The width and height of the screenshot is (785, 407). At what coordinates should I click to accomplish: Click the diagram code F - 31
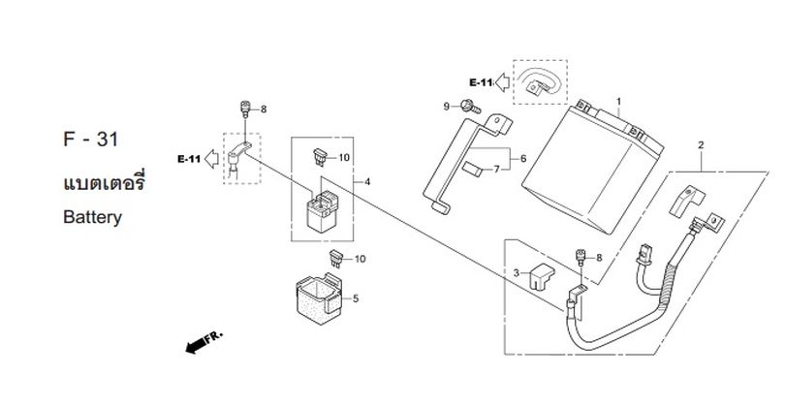[91, 140]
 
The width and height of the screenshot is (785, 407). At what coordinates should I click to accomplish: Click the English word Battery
[93, 217]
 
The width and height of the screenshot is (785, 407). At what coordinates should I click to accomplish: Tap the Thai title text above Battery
[104, 183]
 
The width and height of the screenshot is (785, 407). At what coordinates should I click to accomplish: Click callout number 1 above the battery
[618, 102]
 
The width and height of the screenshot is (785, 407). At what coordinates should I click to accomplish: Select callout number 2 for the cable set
[701, 145]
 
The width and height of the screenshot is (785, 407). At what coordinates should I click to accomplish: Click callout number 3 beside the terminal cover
[517, 273]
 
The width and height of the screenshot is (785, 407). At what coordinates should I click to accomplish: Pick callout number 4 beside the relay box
[367, 182]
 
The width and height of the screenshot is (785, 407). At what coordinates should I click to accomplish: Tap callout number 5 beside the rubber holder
[356, 298]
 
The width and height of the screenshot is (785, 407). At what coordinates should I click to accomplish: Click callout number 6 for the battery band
[523, 159]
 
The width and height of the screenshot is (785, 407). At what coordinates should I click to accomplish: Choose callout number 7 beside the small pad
[496, 170]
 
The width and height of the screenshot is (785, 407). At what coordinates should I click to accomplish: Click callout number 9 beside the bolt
[447, 107]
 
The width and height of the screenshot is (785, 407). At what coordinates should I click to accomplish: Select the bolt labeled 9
[471, 107]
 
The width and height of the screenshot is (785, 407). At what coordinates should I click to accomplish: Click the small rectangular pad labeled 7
[471, 170]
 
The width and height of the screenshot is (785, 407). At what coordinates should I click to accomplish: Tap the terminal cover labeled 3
[542, 276]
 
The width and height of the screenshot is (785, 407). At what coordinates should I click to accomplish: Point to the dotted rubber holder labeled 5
[320, 298]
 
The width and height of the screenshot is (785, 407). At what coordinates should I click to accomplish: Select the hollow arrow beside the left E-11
[212, 159]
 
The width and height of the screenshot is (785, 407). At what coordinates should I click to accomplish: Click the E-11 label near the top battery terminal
[481, 82]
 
